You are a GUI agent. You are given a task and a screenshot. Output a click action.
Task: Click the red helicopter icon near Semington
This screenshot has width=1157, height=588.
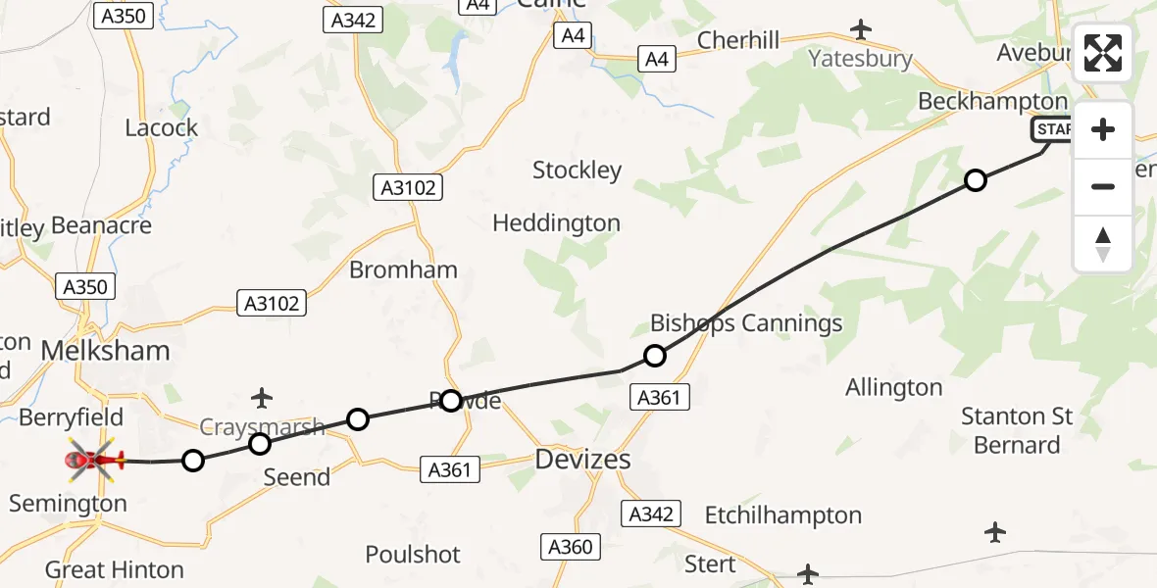94,459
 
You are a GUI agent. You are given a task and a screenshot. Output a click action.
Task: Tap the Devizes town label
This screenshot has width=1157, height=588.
582,459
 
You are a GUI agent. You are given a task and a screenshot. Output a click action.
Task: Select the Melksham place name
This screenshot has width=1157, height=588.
105,351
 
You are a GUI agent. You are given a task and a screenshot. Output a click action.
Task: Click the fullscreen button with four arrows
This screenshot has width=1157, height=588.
1103,54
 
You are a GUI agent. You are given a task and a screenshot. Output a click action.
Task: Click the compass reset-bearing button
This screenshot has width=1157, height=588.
1103,244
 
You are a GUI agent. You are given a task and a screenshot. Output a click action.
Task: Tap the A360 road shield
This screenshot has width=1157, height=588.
569,547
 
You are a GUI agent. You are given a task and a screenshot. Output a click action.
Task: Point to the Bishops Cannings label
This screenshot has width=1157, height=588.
746,322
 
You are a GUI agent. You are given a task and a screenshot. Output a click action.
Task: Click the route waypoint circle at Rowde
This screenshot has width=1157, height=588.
450,400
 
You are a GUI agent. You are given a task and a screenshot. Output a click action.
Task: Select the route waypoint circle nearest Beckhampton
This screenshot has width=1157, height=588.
975,180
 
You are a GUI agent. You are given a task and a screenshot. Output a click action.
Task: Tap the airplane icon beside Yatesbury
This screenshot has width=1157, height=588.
861,29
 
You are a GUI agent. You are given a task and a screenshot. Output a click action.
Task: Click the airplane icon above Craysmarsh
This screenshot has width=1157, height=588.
261,397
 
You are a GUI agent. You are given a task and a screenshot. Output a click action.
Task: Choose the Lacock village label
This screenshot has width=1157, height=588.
162,127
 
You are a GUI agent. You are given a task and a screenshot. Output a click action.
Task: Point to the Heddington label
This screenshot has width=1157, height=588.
556,223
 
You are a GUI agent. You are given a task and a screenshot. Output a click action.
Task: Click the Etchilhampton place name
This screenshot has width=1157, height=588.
782,515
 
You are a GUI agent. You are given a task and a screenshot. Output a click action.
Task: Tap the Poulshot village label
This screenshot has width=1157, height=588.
413,555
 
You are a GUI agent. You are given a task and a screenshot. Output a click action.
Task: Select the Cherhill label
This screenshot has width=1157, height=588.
738,40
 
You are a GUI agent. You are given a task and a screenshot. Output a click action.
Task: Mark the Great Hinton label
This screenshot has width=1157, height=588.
114,569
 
